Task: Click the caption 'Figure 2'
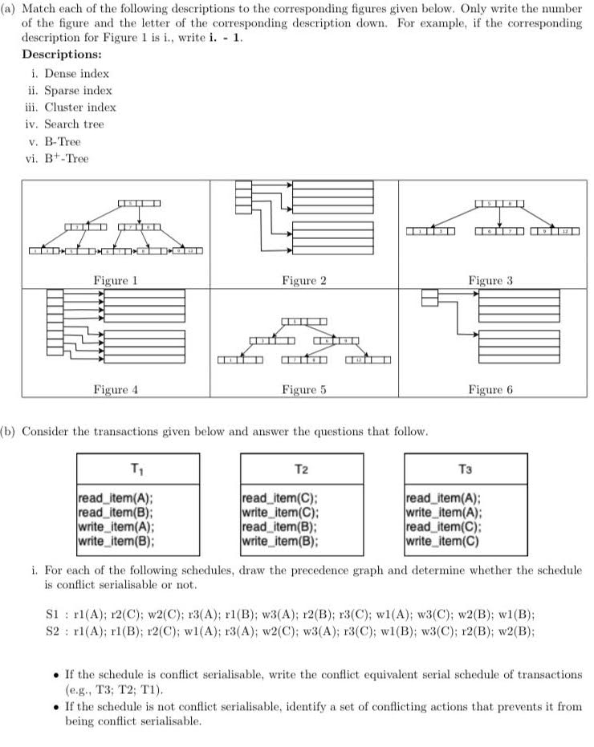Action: (x=303, y=281)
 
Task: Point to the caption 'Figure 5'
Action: (x=303, y=390)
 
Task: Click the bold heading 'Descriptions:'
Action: (x=61, y=55)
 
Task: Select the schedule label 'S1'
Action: (x=51, y=614)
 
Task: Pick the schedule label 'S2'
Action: (x=51, y=630)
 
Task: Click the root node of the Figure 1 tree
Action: (x=140, y=201)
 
